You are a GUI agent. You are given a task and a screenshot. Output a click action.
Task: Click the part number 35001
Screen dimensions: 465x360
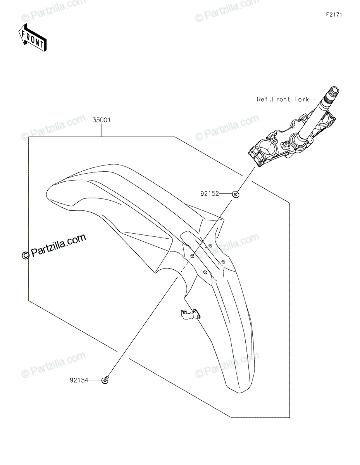point(102,120)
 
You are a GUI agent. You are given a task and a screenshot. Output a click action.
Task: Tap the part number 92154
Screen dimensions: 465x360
point(79,381)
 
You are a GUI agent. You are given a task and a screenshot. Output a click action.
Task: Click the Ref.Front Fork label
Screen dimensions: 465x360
point(282,100)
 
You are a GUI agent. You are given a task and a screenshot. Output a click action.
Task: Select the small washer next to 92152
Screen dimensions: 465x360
point(235,194)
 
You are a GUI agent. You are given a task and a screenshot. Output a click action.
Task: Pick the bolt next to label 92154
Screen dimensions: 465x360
point(105,381)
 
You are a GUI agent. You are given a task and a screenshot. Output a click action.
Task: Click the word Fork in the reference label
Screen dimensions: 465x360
point(301,100)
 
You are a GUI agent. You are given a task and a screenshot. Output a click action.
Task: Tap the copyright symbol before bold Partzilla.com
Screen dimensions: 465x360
point(26,255)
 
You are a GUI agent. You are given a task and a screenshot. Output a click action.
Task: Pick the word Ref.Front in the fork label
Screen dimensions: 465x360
point(273,100)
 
